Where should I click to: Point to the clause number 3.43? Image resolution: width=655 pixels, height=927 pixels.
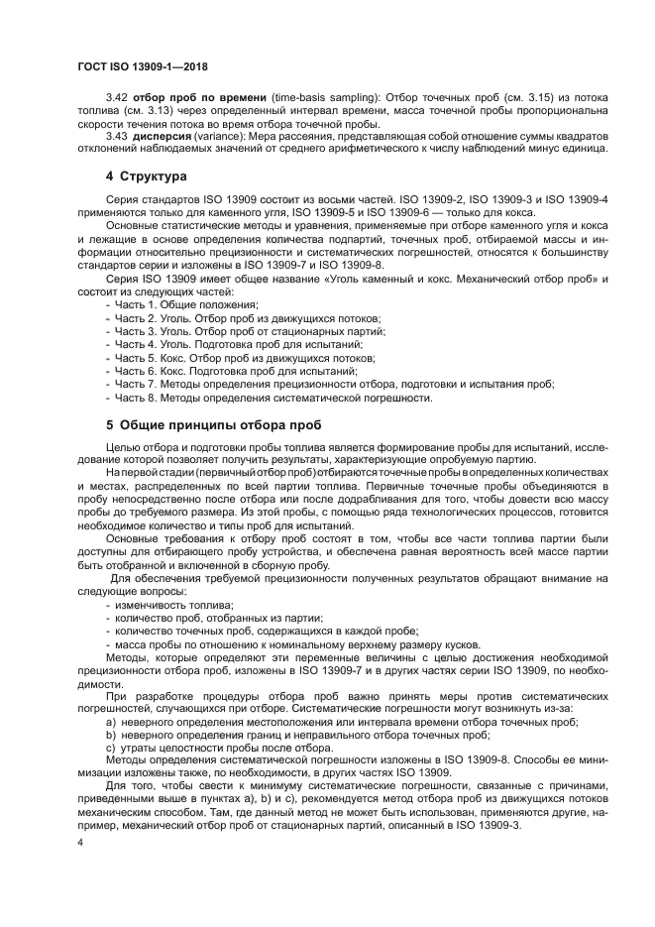coord(116,135)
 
